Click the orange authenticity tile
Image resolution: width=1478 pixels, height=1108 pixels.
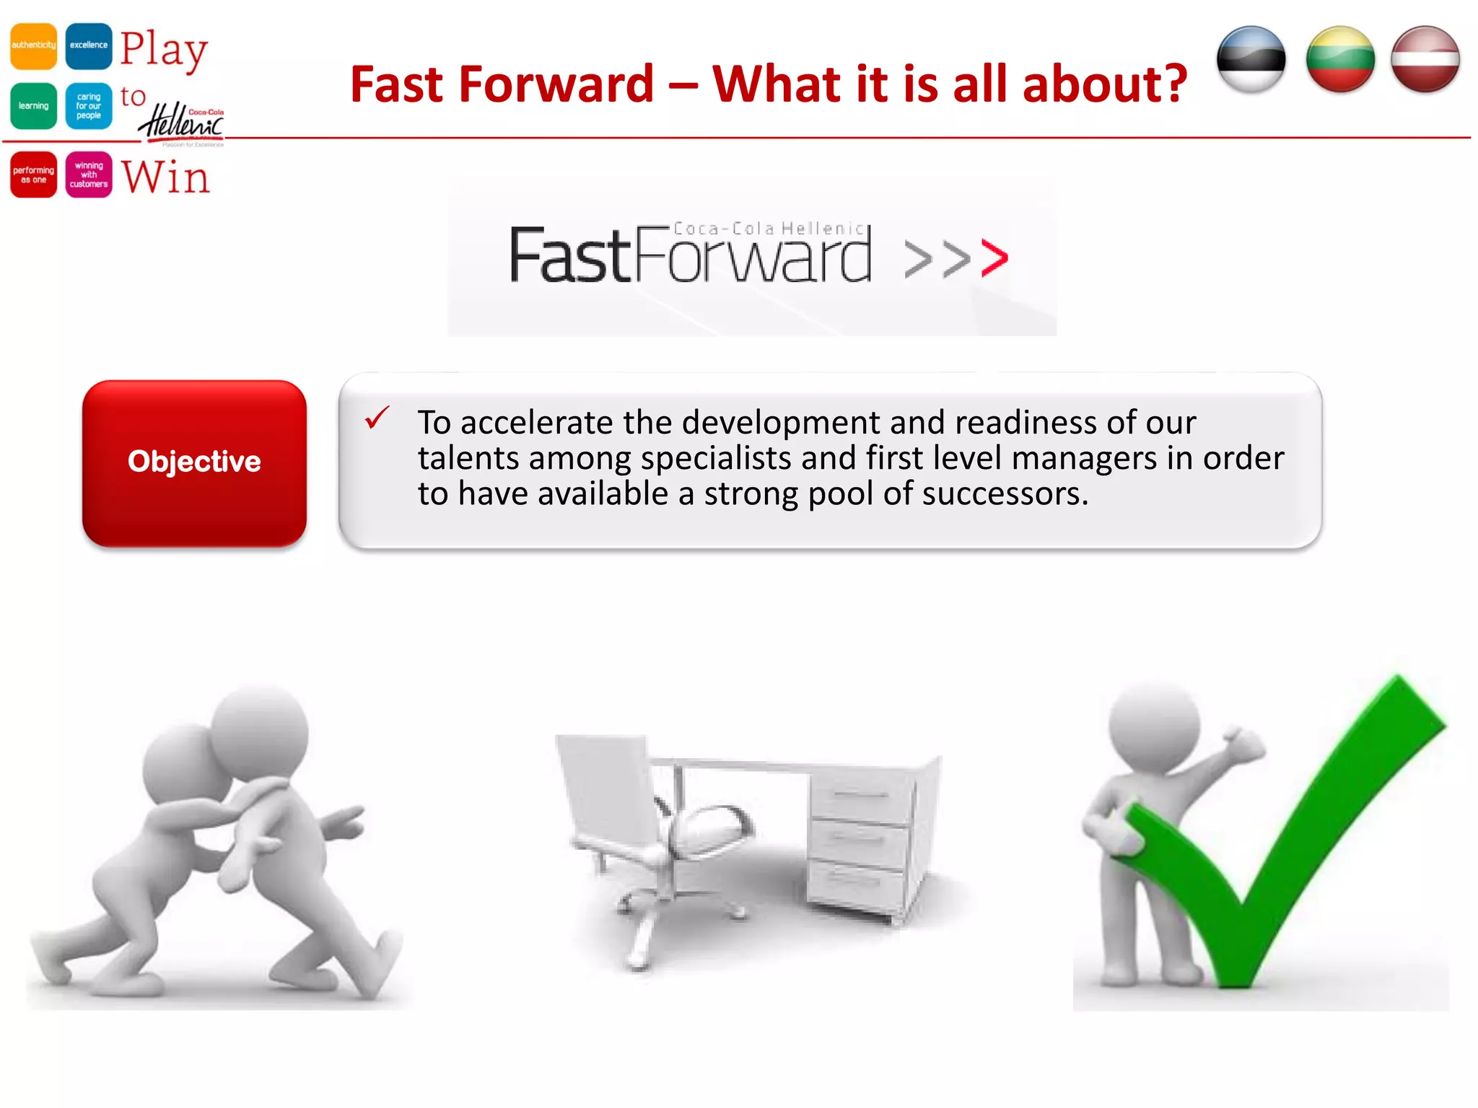click(x=33, y=45)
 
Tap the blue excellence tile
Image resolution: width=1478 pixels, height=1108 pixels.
click(x=89, y=45)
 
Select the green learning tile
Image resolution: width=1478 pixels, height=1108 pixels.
click(x=33, y=106)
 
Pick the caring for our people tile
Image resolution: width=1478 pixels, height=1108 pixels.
click(x=89, y=106)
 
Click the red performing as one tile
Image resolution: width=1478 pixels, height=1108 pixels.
click(x=33, y=175)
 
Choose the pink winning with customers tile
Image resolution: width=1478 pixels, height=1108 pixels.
click(x=89, y=175)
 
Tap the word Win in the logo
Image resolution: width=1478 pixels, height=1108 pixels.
click(x=165, y=177)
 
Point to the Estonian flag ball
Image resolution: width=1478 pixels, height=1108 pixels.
click(x=1251, y=59)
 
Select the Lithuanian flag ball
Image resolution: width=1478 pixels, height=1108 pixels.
click(x=1340, y=59)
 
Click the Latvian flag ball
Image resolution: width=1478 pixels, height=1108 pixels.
click(x=1425, y=59)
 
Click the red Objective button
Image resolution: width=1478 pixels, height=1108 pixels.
click(x=194, y=462)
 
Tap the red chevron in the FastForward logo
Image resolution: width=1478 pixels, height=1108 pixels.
click(x=994, y=259)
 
